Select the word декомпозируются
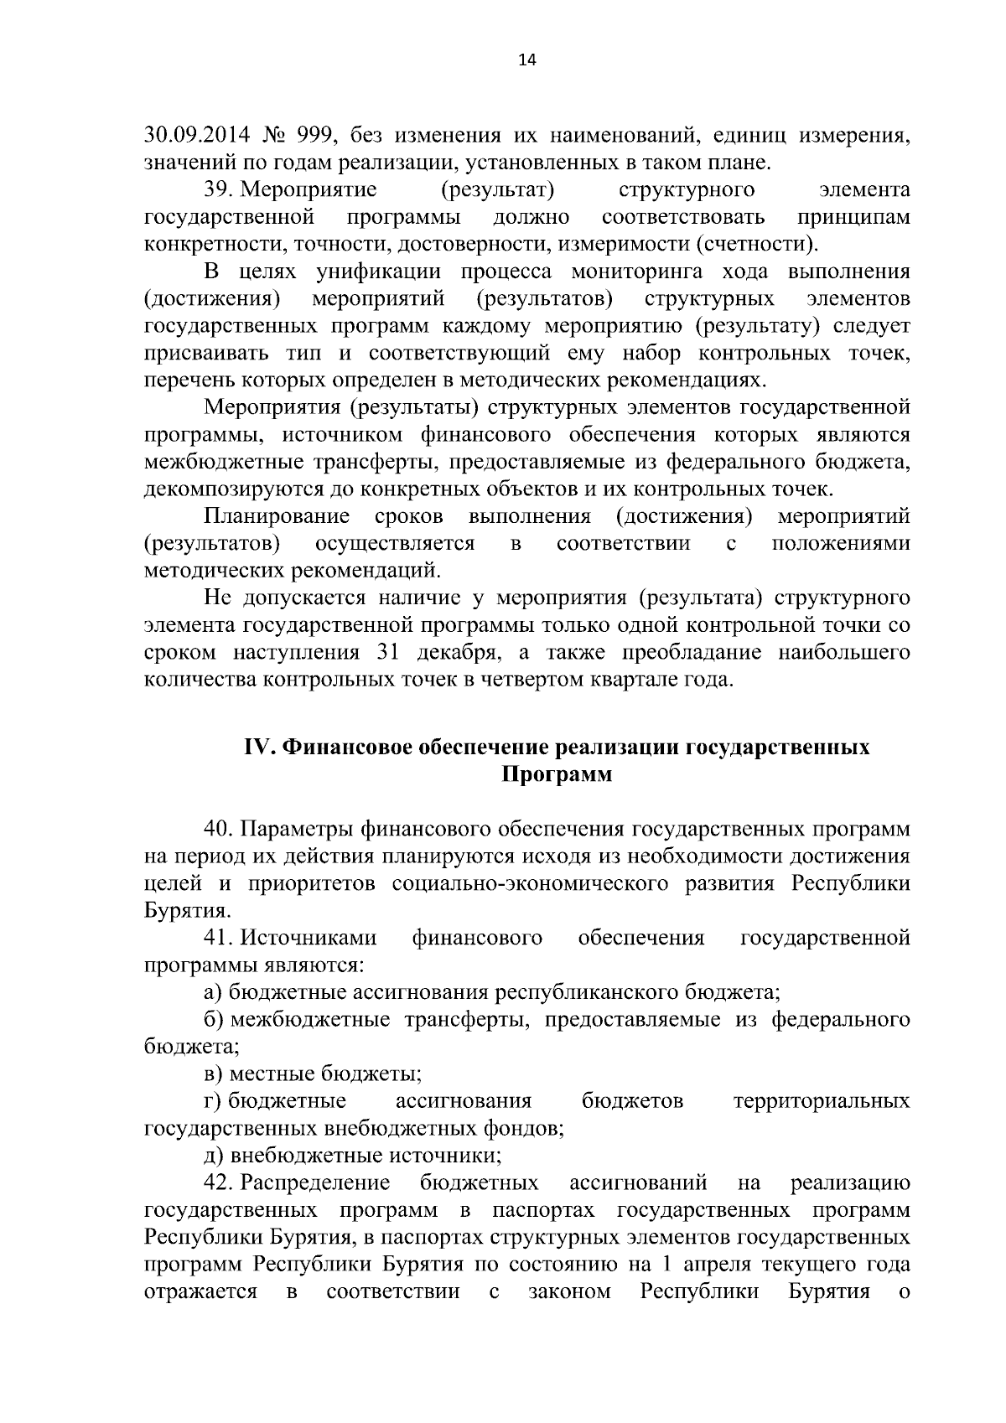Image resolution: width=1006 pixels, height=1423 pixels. pyautogui.click(x=220, y=489)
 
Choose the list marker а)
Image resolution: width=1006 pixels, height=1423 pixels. pyautogui.click(x=213, y=993)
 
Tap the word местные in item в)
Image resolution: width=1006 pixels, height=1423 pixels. pyautogui.click(x=267, y=1074)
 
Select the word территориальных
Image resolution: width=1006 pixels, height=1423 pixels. pyautogui.click(x=822, y=1100)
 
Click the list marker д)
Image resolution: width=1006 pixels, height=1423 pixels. pyautogui.click(x=214, y=1156)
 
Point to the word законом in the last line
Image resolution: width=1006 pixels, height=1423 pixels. pyautogui.click(x=570, y=1291)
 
